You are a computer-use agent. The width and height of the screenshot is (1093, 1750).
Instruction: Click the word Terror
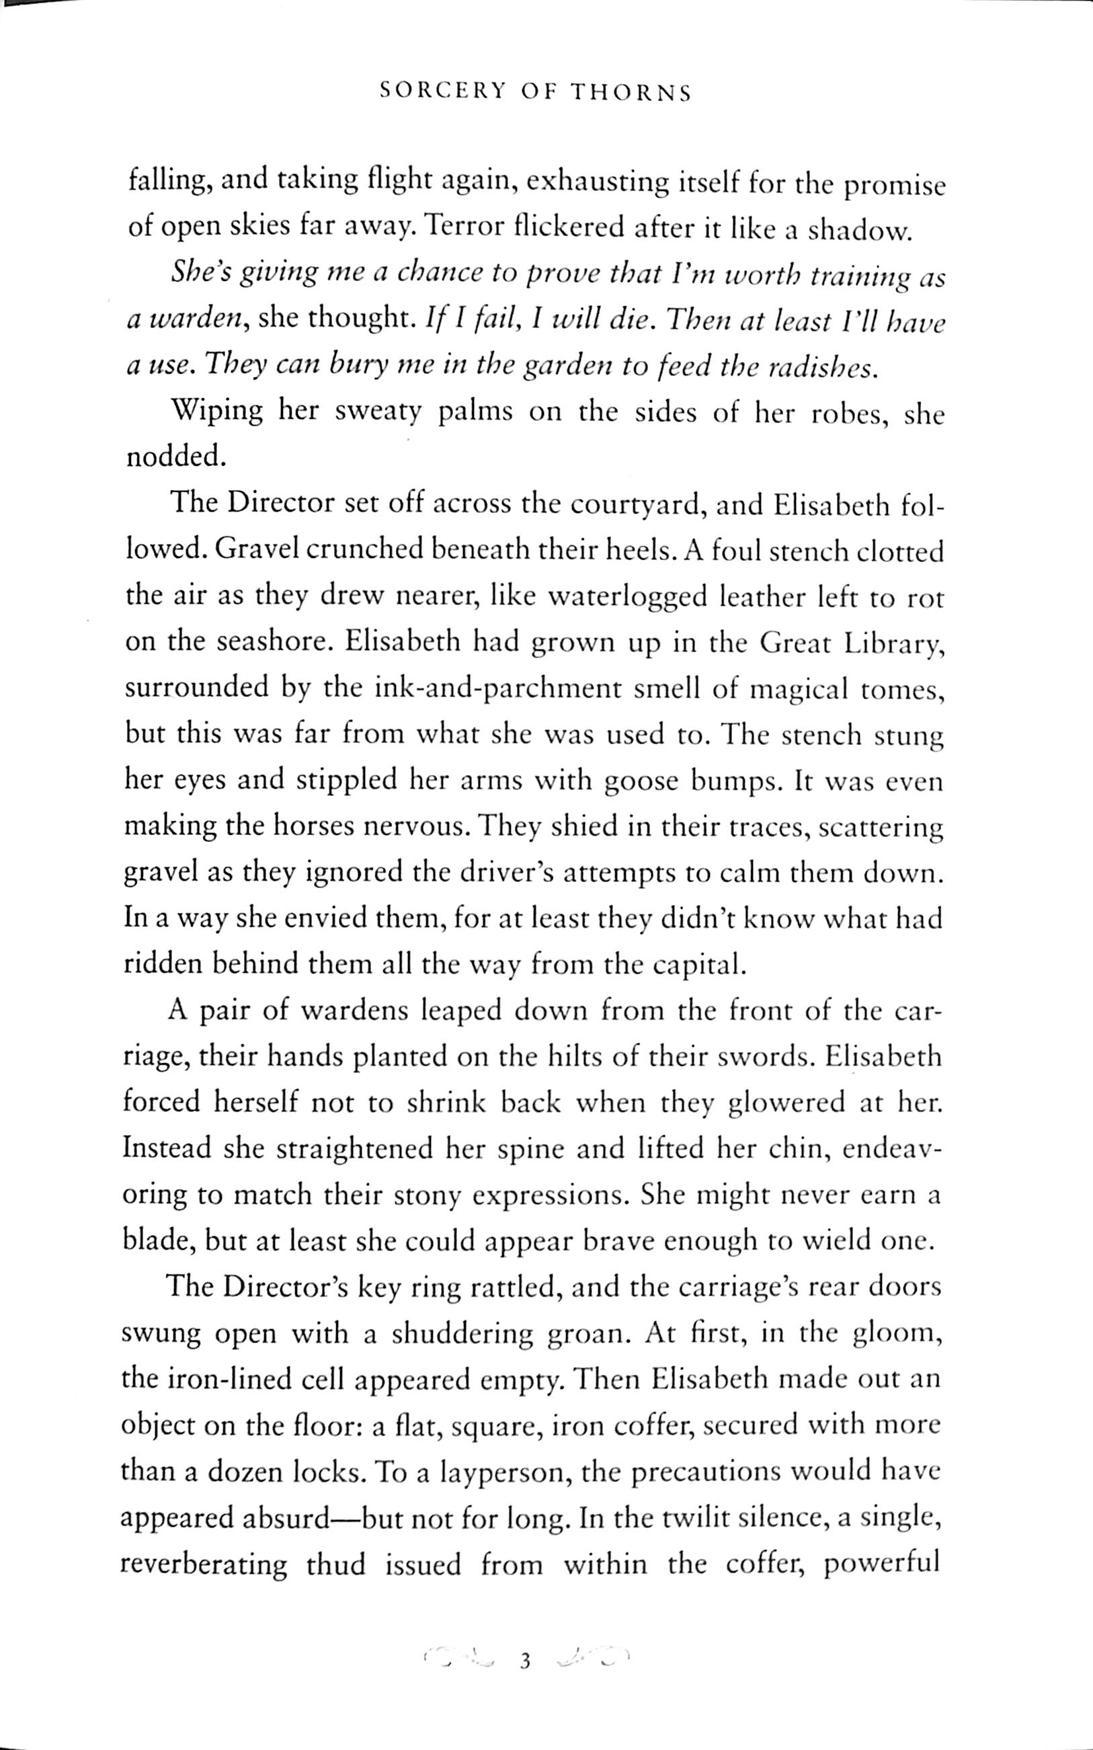coord(460,228)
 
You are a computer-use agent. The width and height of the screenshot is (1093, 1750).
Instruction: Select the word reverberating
coord(203,1565)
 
